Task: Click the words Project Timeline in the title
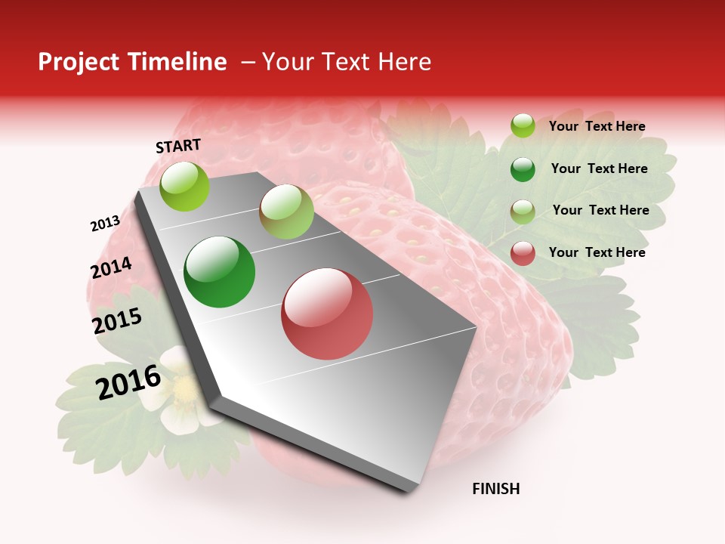[x=132, y=62]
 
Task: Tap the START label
[x=178, y=146]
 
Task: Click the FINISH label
[x=495, y=489]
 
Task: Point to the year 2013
[x=105, y=224]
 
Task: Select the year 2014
[x=111, y=267]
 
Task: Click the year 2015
[x=117, y=320]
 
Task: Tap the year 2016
[x=128, y=382]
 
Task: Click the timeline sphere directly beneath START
[x=184, y=187]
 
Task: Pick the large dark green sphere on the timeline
[x=220, y=272]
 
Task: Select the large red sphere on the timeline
[x=327, y=314]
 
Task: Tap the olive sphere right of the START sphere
[x=286, y=212]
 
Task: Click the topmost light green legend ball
[x=523, y=125]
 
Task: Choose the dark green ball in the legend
[x=523, y=169]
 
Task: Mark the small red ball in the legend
[x=523, y=253]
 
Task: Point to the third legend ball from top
[x=523, y=212]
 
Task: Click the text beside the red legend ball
[x=597, y=252]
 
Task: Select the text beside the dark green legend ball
[x=599, y=168]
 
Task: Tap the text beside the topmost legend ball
[x=597, y=126]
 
